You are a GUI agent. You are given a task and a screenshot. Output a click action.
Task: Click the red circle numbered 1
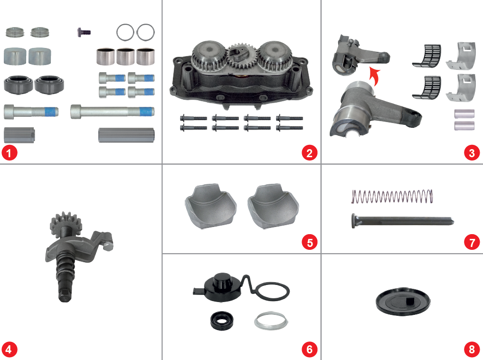(9, 153)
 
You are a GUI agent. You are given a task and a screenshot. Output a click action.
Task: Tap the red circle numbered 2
(309, 153)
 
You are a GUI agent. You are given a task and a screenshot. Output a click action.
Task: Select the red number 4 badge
(9, 350)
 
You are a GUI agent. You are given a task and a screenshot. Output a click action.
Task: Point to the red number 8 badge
(471, 350)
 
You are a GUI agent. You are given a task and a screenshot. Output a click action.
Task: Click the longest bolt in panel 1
(112, 112)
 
